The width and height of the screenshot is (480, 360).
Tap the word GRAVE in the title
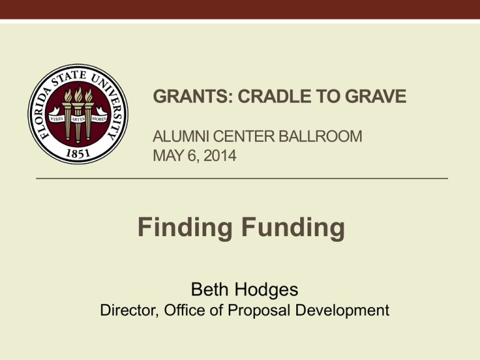[x=376, y=96]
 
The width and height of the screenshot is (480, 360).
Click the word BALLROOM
[x=321, y=136]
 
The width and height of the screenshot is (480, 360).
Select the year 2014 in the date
[x=220, y=156]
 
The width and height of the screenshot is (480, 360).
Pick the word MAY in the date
[x=168, y=156]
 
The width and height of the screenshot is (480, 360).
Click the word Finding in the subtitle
[x=184, y=228]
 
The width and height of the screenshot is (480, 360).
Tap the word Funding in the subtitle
[x=293, y=227]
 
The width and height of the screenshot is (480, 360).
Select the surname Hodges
[x=267, y=290]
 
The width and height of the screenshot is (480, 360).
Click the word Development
[x=342, y=311]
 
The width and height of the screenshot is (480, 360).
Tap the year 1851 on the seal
[x=78, y=153]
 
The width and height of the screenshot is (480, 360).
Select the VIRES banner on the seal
[x=57, y=118]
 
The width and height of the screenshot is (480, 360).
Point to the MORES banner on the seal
[x=99, y=118]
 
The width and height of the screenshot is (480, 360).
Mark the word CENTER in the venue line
[x=244, y=136]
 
